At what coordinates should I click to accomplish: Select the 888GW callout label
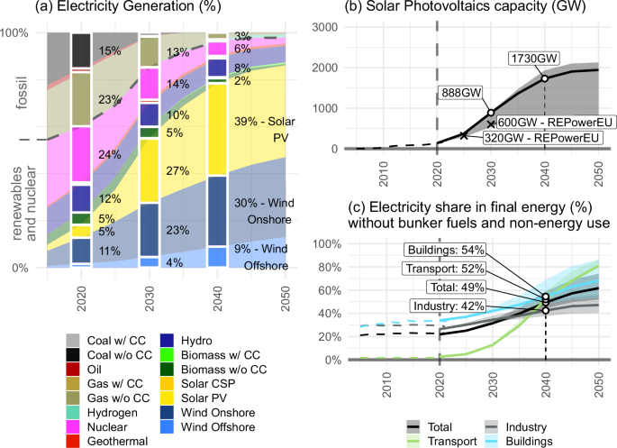tap(461, 93)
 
